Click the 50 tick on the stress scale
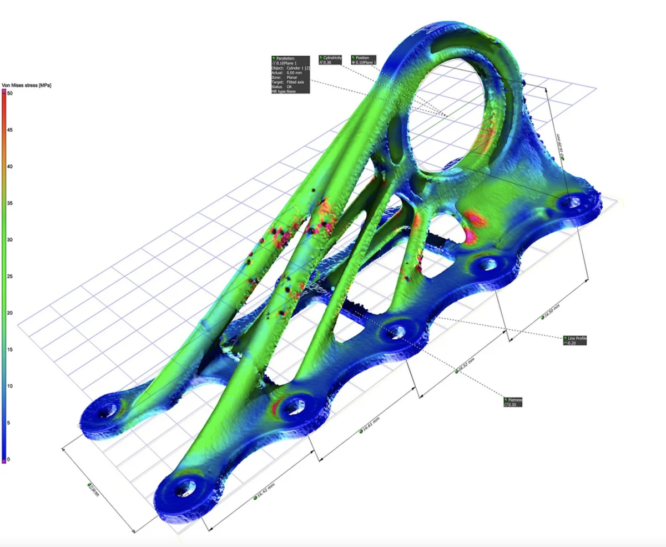point(9,94)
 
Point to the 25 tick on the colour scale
point(9,277)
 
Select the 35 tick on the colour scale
point(9,203)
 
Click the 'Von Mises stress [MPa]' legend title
point(27,85)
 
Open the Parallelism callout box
point(290,74)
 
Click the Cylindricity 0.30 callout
point(331,60)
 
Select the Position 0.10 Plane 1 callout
point(364,60)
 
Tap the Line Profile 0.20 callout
point(574,340)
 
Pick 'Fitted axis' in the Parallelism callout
point(296,82)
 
